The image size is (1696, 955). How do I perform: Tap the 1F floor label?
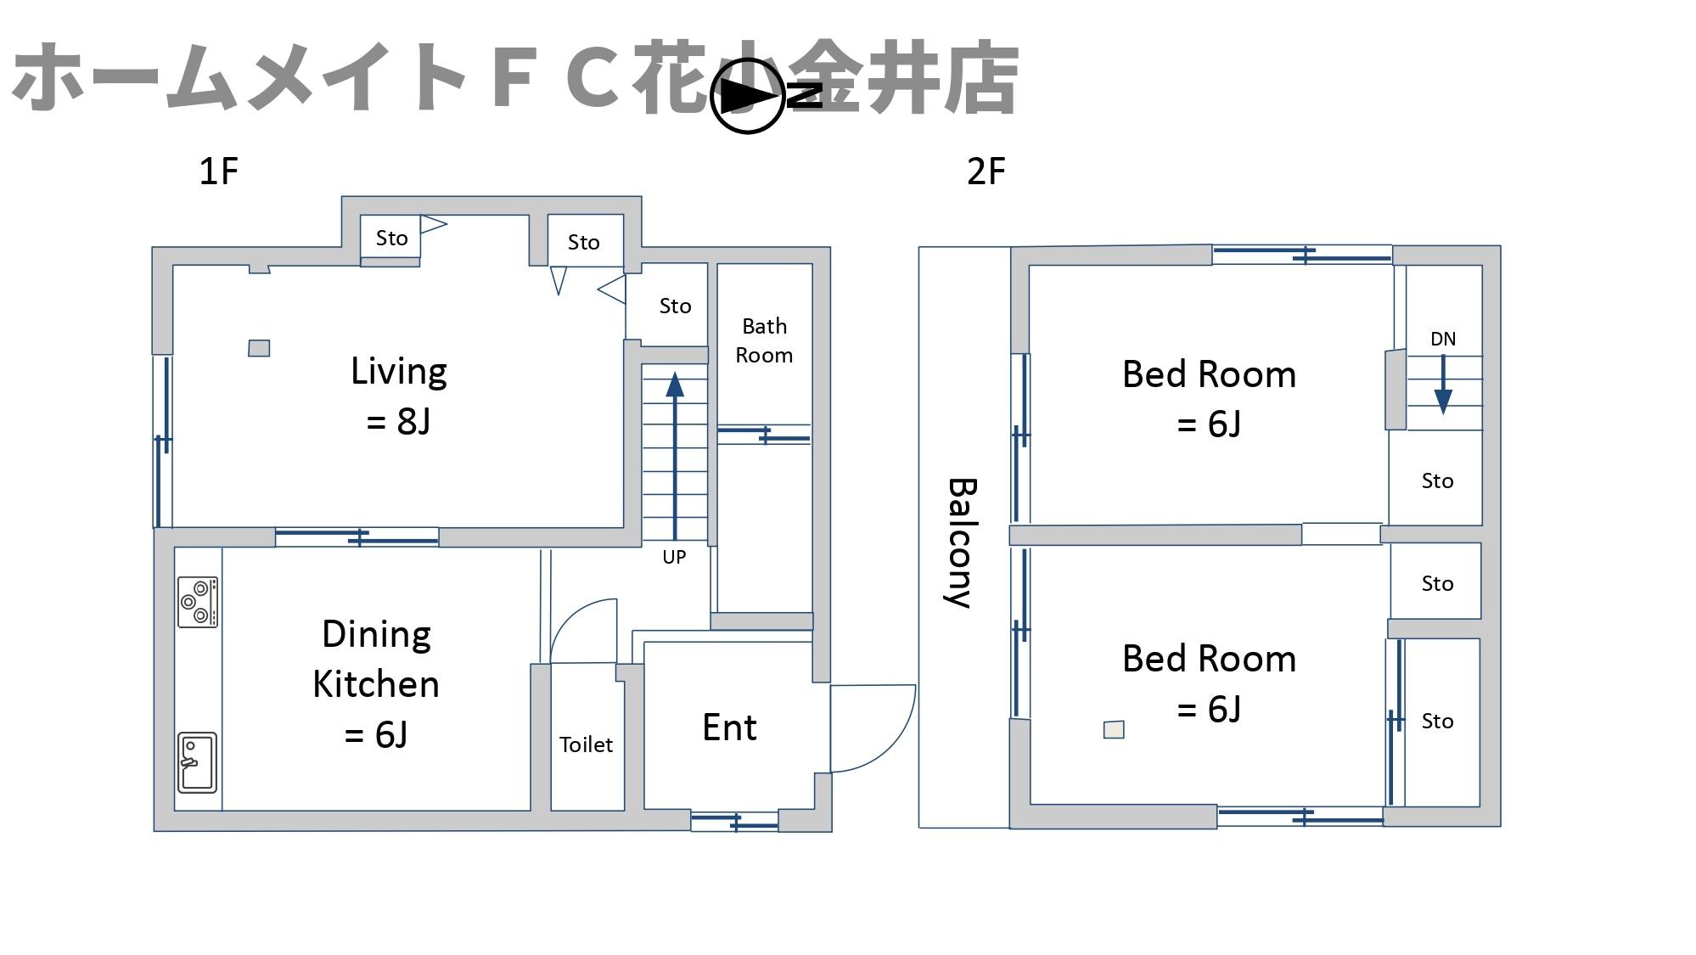coord(218,171)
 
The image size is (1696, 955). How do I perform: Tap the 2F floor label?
coord(986,171)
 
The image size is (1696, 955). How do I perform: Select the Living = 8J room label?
coord(399,396)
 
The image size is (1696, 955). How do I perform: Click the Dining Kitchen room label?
coord(376,683)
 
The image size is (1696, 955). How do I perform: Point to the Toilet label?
coord(586,744)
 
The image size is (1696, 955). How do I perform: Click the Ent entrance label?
coord(729,727)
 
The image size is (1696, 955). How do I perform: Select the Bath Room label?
coord(764,340)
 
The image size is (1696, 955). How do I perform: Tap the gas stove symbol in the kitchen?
coord(198,602)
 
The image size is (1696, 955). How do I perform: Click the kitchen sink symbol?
coord(197,762)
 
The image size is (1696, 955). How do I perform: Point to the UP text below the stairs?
coord(674,557)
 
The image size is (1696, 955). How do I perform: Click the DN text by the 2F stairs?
coord(1443,339)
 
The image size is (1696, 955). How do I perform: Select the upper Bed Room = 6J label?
coord(1209,398)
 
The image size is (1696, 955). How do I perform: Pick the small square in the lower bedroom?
coord(1114,729)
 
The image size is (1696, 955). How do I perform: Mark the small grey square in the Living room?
coord(259,348)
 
